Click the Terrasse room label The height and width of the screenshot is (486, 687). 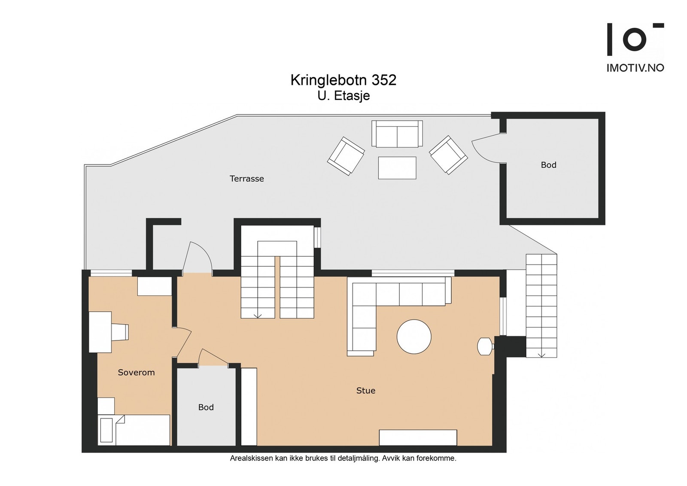click(x=246, y=179)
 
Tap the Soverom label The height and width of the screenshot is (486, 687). click(x=136, y=372)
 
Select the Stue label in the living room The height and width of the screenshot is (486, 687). click(x=365, y=390)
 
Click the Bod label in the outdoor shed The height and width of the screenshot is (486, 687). click(x=548, y=165)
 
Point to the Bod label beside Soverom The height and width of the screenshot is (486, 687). click(x=206, y=407)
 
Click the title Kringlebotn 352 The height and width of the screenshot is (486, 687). click(x=343, y=80)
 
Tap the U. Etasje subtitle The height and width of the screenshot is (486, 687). click(x=343, y=96)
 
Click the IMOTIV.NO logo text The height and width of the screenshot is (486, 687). click(x=635, y=68)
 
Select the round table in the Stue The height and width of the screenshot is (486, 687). click(x=414, y=337)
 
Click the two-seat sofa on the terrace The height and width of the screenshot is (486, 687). click(x=397, y=134)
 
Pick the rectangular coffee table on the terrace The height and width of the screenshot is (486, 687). click(x=397, y=168)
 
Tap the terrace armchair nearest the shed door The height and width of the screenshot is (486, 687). click(x=448, y=155)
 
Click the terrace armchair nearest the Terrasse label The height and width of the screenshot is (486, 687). click(x=346, y=156)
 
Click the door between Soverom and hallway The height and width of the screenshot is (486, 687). click(x=183, y=343)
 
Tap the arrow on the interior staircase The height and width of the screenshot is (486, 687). click(x=258, y=315)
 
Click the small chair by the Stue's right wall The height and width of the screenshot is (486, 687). click(x=486, y=346)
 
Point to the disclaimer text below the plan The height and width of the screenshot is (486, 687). click(x=343, y=459)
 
